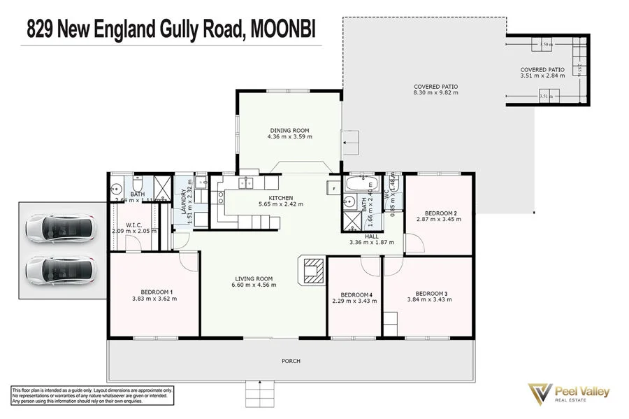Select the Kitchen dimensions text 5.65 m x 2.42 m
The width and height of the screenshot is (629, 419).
point(259,205)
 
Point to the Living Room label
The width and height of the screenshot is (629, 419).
point(252,279)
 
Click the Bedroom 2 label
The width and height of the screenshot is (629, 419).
point(441,213)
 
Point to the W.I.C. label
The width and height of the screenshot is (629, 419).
point(135,225)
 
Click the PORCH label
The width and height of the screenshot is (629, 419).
point(291,361)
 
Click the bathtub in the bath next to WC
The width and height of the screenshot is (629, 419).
point(362,187)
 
